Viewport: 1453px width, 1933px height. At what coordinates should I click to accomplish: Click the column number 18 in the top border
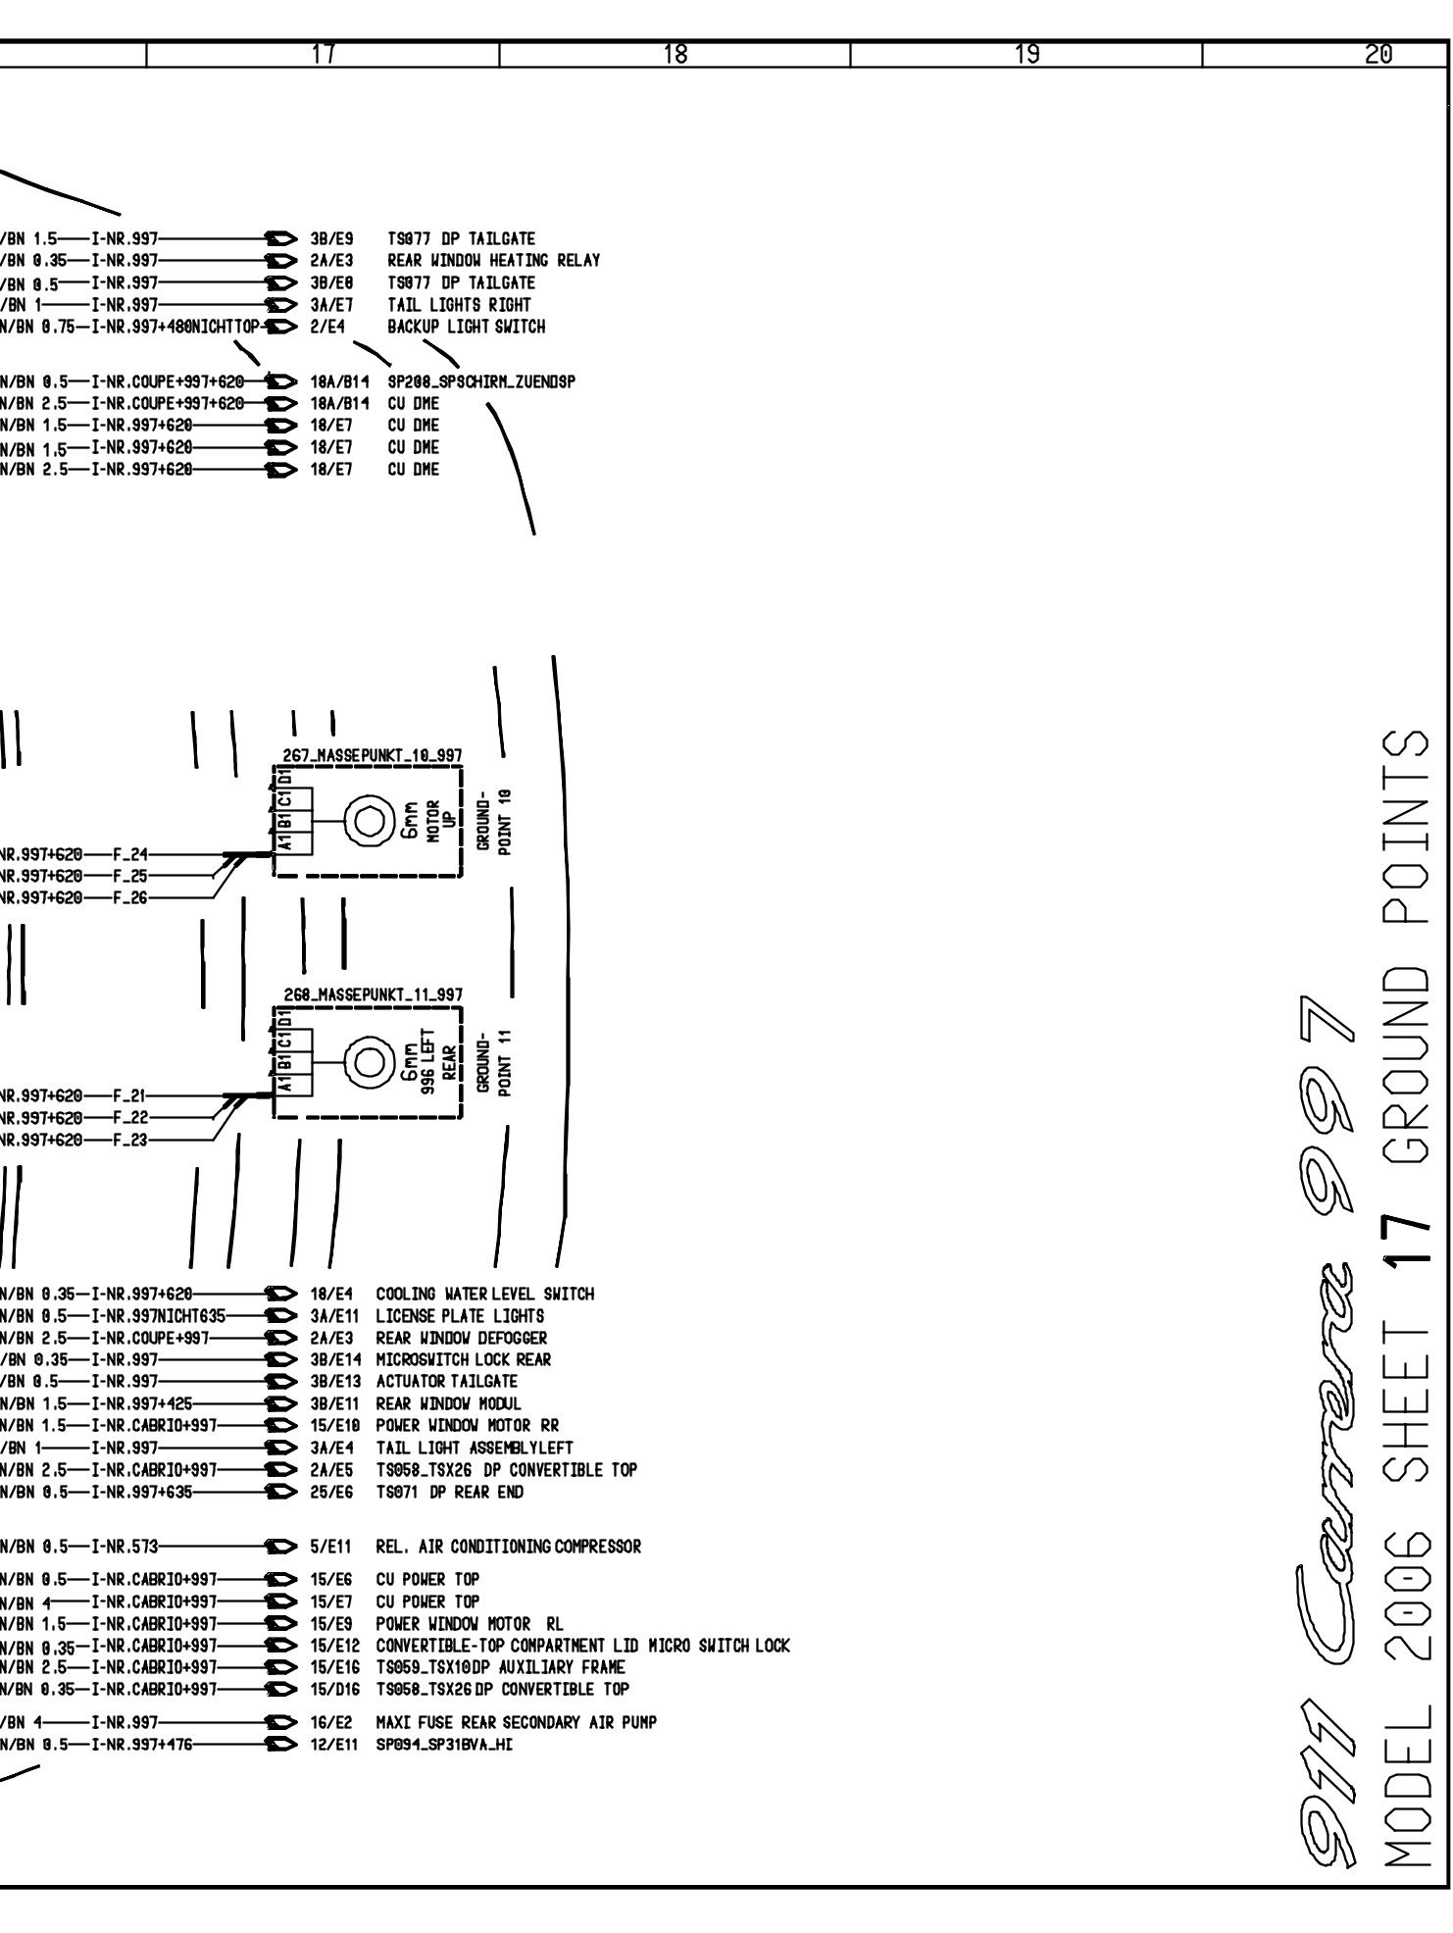click(x=675, y=56)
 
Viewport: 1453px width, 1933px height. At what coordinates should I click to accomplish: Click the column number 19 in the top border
click(x=1027, y=56)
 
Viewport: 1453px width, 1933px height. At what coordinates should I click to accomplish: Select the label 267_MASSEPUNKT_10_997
click(x=367, y=754)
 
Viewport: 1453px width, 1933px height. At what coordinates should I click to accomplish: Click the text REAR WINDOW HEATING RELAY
click(x=493, y=261)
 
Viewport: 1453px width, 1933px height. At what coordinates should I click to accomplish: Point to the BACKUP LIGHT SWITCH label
click(x=466, y=327)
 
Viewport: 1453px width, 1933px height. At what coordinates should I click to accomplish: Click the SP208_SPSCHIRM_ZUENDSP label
click(x=480, y=382)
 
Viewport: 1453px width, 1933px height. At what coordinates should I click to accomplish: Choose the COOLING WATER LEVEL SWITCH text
click(x=484, y=1294)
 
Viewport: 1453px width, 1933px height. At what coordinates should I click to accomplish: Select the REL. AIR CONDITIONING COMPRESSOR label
click(x=508, y=1547)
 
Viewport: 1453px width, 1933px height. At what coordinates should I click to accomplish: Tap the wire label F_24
click(x=130, y=854)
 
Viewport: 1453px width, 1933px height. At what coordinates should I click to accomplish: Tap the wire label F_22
click(x=130, y=1117)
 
